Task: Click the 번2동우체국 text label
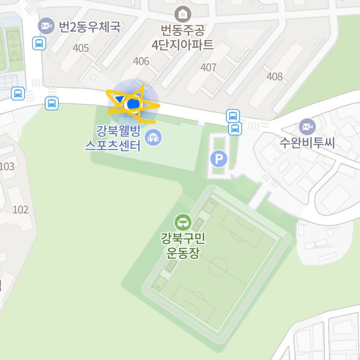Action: (x=90, y=27)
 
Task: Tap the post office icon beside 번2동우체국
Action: (x=46, y=26)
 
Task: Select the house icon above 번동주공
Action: (x=183, y=15)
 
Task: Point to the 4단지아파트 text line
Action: (x=183, y=45)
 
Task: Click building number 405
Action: (x=81, y=48)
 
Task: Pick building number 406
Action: (x=141, y=61)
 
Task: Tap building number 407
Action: (x=208, y=67)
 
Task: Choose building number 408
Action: (x=275, y=76)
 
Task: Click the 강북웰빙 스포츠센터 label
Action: (x=113, y=139)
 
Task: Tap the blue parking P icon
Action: (x=219, y=159)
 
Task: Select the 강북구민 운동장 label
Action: (x=183, y=247)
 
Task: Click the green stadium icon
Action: (x=183, y=222)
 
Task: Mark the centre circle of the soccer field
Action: (x=218, y=267)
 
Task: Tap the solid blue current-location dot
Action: (x=133, y=103)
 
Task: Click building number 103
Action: (x=7, y=166)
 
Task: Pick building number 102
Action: (x=20, y=210)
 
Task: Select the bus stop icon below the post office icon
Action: (x=39, y=44)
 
